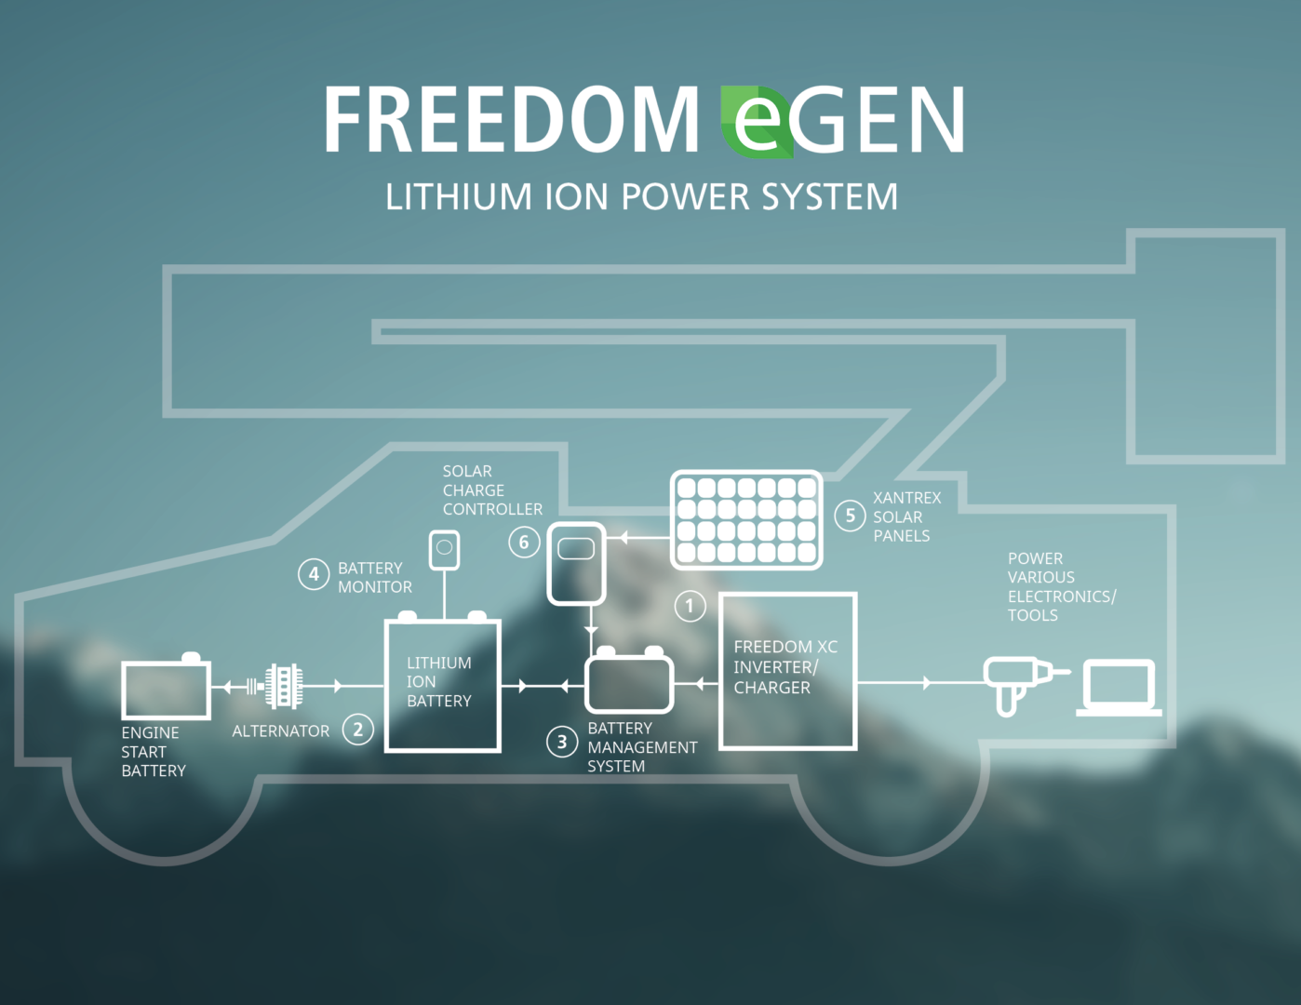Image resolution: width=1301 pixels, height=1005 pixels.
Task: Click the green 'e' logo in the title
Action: (x=758, y=121)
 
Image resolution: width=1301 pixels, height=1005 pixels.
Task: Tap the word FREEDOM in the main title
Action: (x=511, y=120)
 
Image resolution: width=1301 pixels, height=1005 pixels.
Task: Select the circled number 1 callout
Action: (x=690, y=607)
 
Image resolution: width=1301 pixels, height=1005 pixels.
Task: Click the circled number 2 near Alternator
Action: (x=358, y=730)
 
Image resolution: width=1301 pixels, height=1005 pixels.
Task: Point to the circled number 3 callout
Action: (x=562, y=742)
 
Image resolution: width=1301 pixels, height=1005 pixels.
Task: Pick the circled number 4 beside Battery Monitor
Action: (x=314, y=574)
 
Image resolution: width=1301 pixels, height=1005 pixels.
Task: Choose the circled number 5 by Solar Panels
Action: (x=850, y=516)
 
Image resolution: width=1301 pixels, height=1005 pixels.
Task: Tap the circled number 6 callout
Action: (x=524, y=542)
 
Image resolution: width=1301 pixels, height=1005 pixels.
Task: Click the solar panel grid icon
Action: (x=746, y=519)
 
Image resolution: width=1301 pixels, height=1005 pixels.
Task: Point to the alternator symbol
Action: (x=283, y=687)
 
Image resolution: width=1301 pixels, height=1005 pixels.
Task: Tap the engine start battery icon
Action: (x=167, y=689)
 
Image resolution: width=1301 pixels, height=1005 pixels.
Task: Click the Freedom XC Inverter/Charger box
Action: (x=787, y=670)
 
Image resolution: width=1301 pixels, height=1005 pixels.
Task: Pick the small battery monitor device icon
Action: (x=444, y=549)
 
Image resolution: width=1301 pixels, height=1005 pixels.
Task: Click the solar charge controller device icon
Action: (x=576, y=563)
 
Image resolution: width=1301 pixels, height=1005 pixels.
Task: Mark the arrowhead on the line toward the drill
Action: (x=926, y=683)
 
